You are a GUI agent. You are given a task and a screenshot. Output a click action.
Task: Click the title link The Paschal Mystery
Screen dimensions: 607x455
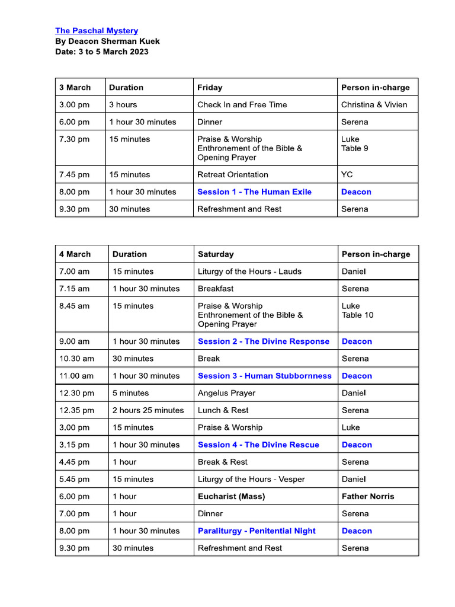click(97, 30)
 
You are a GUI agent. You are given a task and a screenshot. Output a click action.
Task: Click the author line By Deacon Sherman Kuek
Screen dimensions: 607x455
click(107, 41)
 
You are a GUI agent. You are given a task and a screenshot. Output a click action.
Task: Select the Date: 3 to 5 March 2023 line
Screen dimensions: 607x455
click(101, 52)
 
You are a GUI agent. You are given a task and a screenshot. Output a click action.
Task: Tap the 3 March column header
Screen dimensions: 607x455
click(75, 87)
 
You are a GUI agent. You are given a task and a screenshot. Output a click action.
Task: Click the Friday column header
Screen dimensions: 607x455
click(210, 87)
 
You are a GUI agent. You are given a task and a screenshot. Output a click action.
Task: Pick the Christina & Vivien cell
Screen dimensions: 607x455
click(374, 104)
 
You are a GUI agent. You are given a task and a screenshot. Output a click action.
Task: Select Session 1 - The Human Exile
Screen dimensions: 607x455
click(254, 191)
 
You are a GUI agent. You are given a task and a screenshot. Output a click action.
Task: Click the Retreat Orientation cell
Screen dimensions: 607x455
click(232, 174)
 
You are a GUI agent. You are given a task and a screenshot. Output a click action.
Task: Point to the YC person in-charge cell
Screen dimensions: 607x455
click(347, 174)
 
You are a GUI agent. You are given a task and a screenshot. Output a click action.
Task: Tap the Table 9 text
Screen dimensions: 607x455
click(354, 148)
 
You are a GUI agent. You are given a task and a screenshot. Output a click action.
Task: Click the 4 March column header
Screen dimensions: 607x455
click(75, 254)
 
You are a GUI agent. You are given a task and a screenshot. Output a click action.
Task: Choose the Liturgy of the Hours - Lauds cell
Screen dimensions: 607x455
click(249, 271)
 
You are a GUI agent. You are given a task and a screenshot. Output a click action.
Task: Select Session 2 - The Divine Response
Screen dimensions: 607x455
click(263, 341)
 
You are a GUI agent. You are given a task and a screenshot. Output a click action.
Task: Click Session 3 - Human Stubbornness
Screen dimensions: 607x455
click(264, 375)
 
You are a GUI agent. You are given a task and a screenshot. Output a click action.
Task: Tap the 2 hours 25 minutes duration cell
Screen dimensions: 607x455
click(148, 410)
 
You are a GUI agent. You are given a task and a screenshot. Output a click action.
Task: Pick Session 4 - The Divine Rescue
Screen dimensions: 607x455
click(258, 444)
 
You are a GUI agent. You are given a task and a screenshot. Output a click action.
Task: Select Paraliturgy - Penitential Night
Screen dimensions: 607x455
click(257, 531)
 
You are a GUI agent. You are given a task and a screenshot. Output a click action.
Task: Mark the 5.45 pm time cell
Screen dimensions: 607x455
click(75, 479)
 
